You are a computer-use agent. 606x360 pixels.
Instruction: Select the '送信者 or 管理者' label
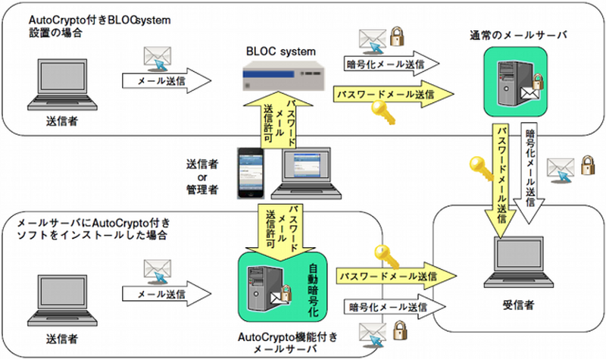click(x=202, y=177)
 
